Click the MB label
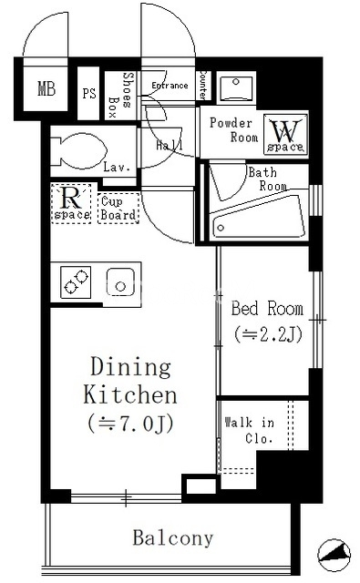click(46, 89)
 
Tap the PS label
click(89, 93)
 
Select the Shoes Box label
click(120, 94)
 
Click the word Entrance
click(170, 86)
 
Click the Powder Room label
click(233, 129)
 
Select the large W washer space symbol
click(285, 134)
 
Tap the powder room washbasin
click(236, 87)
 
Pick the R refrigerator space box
click(71, 203)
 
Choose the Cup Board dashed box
click(118, 209)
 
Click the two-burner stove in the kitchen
click(76, 282)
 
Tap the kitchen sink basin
click(120, 282)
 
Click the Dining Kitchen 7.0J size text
click(130, 424)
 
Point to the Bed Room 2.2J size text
click(268, 334)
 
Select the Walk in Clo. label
click(250, 430)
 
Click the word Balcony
click(173, 538)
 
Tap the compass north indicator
click(334, 555)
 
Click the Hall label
click(170, 145)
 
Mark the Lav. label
click(117, 167)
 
